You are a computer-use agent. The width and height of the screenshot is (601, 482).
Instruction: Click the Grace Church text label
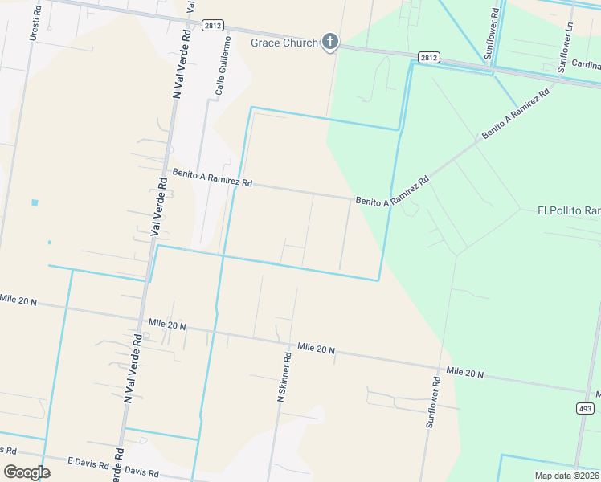pos(284,43)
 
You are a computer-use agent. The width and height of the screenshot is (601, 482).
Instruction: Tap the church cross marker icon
pos(329,42)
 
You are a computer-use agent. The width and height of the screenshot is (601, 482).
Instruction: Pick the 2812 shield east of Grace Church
pos(428,57)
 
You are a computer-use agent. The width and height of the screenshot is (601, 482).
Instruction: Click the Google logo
pos(27,472)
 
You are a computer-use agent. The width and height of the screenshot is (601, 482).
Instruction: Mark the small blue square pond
pos(35,202)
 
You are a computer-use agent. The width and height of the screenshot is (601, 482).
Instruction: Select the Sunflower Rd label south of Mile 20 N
pos(432,401)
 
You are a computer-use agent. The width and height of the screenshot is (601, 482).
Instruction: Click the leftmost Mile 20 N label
pos(18,300)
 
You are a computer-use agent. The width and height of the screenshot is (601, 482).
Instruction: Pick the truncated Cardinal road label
pos(587,65)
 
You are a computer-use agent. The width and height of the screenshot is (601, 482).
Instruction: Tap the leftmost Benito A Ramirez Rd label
pos(212,178)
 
